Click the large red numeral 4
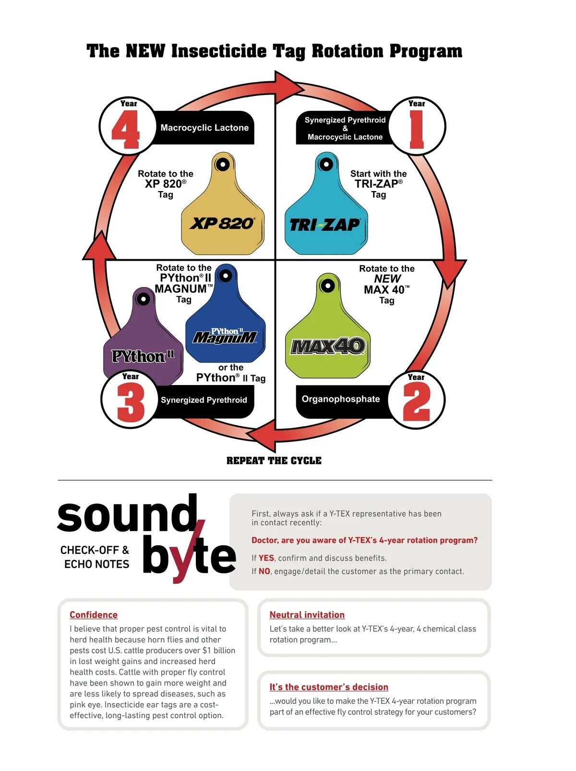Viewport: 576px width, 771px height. coord(126,130)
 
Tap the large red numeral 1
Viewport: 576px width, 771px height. coord(417,130)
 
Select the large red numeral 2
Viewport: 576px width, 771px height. coord(416,403)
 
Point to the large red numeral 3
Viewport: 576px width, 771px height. coord(131,403)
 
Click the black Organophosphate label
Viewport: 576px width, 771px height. coord(340,399)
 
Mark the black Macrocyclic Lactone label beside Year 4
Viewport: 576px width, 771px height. coord(204,128)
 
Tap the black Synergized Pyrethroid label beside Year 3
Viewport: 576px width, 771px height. coord(204,400)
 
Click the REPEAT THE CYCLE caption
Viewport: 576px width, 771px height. coord(274,461)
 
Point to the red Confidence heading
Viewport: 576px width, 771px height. coord(94,615)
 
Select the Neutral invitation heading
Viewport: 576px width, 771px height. coord(307,615)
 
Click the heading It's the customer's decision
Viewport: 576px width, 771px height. coord(329,687)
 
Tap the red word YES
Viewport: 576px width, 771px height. coord(266,558)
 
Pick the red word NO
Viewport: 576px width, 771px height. coord(264,571)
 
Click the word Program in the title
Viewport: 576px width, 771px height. coord(426,51)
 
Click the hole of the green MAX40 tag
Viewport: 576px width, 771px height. coord(328,286)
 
